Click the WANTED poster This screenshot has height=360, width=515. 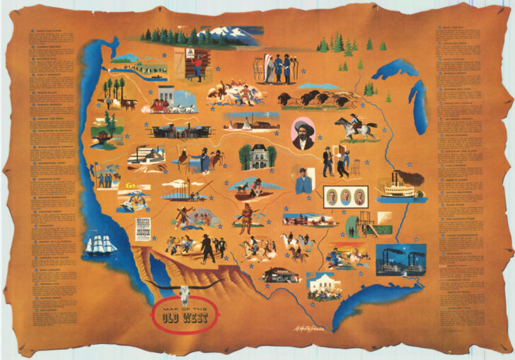click(x=144, y=231)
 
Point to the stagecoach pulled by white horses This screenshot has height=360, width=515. click(x=170, y=105)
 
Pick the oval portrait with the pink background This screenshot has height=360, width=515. click(x=304, y=133)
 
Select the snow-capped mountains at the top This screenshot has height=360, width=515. click(x=226, y=34)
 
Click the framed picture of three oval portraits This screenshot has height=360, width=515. click(x=347, y=197)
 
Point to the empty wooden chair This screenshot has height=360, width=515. click(x=356, y=167)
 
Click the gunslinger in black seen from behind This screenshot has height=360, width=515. click(x=207, y=247)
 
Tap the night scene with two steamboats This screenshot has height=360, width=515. click(x=400, y=260)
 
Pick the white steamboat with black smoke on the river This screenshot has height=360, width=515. click(x=400, y=186)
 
